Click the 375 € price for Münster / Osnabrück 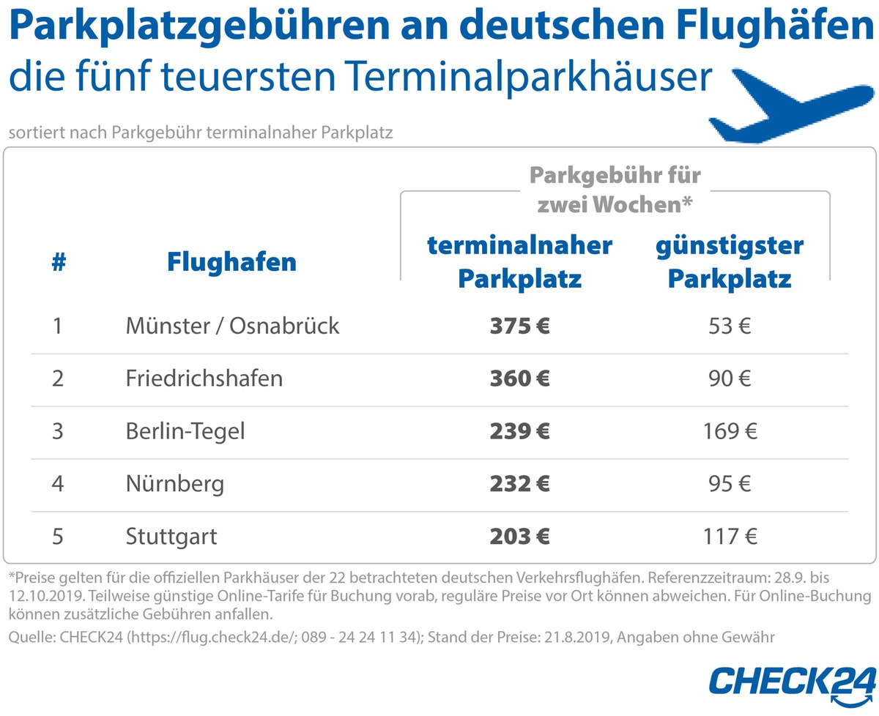519,326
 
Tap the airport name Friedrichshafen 204,378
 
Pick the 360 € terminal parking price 519,378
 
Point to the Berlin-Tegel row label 185,431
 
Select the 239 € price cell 519,431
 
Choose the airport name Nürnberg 174,484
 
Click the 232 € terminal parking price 519,484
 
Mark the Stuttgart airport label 171,537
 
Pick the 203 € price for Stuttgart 519,537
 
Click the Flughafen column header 231,262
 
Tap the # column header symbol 59,262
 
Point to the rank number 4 59,484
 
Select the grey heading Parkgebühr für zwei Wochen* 615,190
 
